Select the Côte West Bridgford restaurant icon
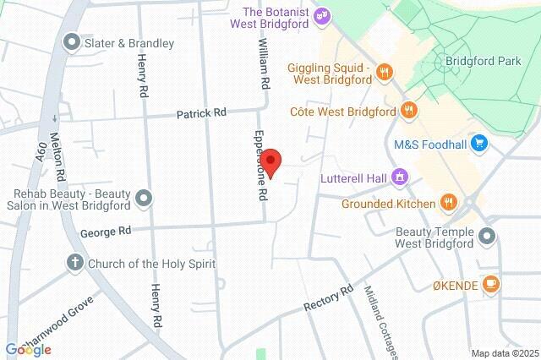click(x=409, y=111)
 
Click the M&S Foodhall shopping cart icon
click(x=480, y=144)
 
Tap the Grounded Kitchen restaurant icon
click(x=448, y=203)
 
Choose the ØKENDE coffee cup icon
click(x=490, y=285)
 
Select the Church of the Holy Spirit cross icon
click(x=74, y=264)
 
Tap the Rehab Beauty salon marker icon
click(x=145, y=199)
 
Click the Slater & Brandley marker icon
click(x=72, y=42)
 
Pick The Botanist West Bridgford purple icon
click(x=323, y=15)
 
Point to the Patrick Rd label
click(x=201, y=113)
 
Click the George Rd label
click(x=106, y=231)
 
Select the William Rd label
click(x=265, y=68)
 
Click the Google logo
click(x=28, y=349)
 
